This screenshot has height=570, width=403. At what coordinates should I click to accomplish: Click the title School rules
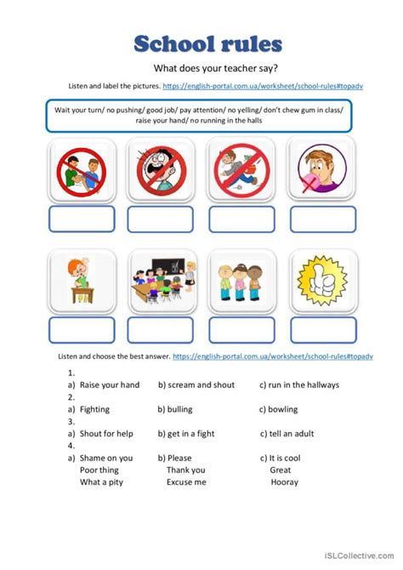click(x=207, y=43)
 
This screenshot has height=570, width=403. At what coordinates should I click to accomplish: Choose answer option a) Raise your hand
click(x=103, y=385)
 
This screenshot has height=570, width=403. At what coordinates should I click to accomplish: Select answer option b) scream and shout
click(x=196, y=385)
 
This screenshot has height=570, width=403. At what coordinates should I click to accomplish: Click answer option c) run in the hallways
click(x=299, y=385)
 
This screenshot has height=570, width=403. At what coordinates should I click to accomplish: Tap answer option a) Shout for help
click(x=100, y=434)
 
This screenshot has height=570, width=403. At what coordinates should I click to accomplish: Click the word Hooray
click(x=284, y=482)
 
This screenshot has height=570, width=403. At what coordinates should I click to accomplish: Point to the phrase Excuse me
click(x=186, y=482)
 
